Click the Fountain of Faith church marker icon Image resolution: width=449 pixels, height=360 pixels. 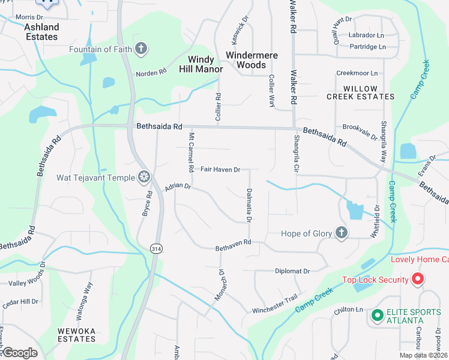click(141, 49)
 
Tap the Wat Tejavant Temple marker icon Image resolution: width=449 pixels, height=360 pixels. click(143, 176)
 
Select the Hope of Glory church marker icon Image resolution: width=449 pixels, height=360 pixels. click(341, 233)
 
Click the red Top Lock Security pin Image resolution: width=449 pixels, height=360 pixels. click(418, 280)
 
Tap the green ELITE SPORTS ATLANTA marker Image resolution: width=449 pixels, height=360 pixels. click(377, 315)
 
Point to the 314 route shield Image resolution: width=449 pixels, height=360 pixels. click(156, 248)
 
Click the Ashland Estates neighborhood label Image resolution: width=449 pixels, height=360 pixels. click(41, 32)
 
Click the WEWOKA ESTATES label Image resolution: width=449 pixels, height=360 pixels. click(76, 334)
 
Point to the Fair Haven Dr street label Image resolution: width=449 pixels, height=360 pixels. click(220, 170)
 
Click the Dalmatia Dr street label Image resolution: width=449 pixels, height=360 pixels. click(248, 205)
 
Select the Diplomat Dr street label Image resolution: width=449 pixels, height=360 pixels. click(292, 271)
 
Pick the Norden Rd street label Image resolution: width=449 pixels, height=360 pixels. click(151, 73)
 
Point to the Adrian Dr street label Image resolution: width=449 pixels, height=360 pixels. click(178, 187)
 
